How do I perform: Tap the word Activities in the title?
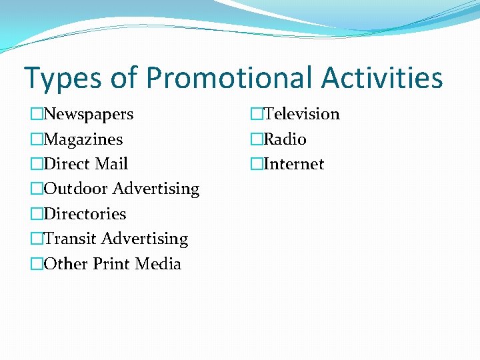pyautogui.click(x=382, y=77)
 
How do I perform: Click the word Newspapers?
pyautogui.click(x=89, y=115)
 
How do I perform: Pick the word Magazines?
pyautogui.click(x=83, y=139)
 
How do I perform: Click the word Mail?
pyautogui.click(x=111, y=164)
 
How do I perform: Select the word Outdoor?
pyautogui.click(x=75, y=189)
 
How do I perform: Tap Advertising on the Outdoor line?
pyautogui.click(x=156, y=189)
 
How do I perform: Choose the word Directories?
pyautogui.click(x=85, y=214)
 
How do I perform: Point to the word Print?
pyautogui.click(x=111, y=264)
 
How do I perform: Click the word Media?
pyautogui.click(x=158, y=264)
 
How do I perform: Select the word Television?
pyautogui.click(x=301, y=115)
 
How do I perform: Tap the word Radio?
pyautogui.click(x=285, y=139)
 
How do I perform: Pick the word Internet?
pyautogui.click(x=294, y=164)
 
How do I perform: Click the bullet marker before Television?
pyautogui.click(x=257, y=115)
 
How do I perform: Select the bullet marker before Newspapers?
pyautogui.click(x=37, y=115)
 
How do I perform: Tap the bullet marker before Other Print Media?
pyautogui.click(x=37, y=264)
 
